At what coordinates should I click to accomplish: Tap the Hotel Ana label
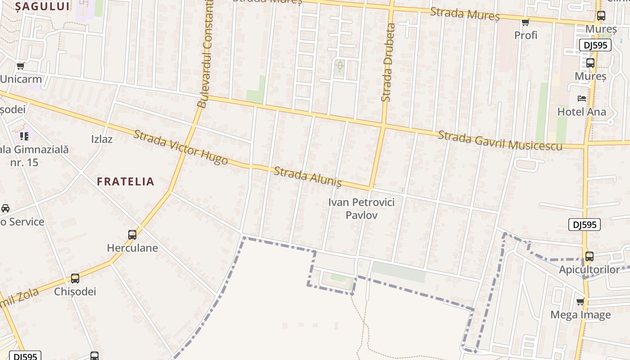pyautogui.click(x=581, y=112)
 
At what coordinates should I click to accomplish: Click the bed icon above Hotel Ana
pyautogui.click(x=582, y=98)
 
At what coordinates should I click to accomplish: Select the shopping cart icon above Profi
pyautogui.click(x=525, y=22)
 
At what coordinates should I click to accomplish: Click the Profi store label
pyautogui.click(x=526, y=35)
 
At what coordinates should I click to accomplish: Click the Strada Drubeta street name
pyautogui.click(x=387, y=62)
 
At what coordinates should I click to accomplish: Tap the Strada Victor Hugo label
pyautogui.click(x=180, y=147)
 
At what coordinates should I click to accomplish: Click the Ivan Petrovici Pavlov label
pyautogui.click(x=361, y=208)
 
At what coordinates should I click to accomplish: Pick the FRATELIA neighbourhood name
pyautogui.click(x=126, y=181)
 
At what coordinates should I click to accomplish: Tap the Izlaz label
pyautogui.click(x=102, y=139)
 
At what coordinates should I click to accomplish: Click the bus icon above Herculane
pyautogui.click(x=132, y=234)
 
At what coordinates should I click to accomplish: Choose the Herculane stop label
pyautogui.click(x=132, y=248)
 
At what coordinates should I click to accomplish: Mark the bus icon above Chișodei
pyautogui.click(x=75, y=278)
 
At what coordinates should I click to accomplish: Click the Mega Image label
pyautogui.click(x=580, y=315)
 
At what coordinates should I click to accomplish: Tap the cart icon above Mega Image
pyautogui.click(x=580, y=301)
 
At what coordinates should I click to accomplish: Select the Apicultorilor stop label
pyautogui.click(x=589, y=270)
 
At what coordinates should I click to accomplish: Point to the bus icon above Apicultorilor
pyautogui.click(x=589, y=256)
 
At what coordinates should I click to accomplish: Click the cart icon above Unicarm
pyautogui.click(x=20, y=66)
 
